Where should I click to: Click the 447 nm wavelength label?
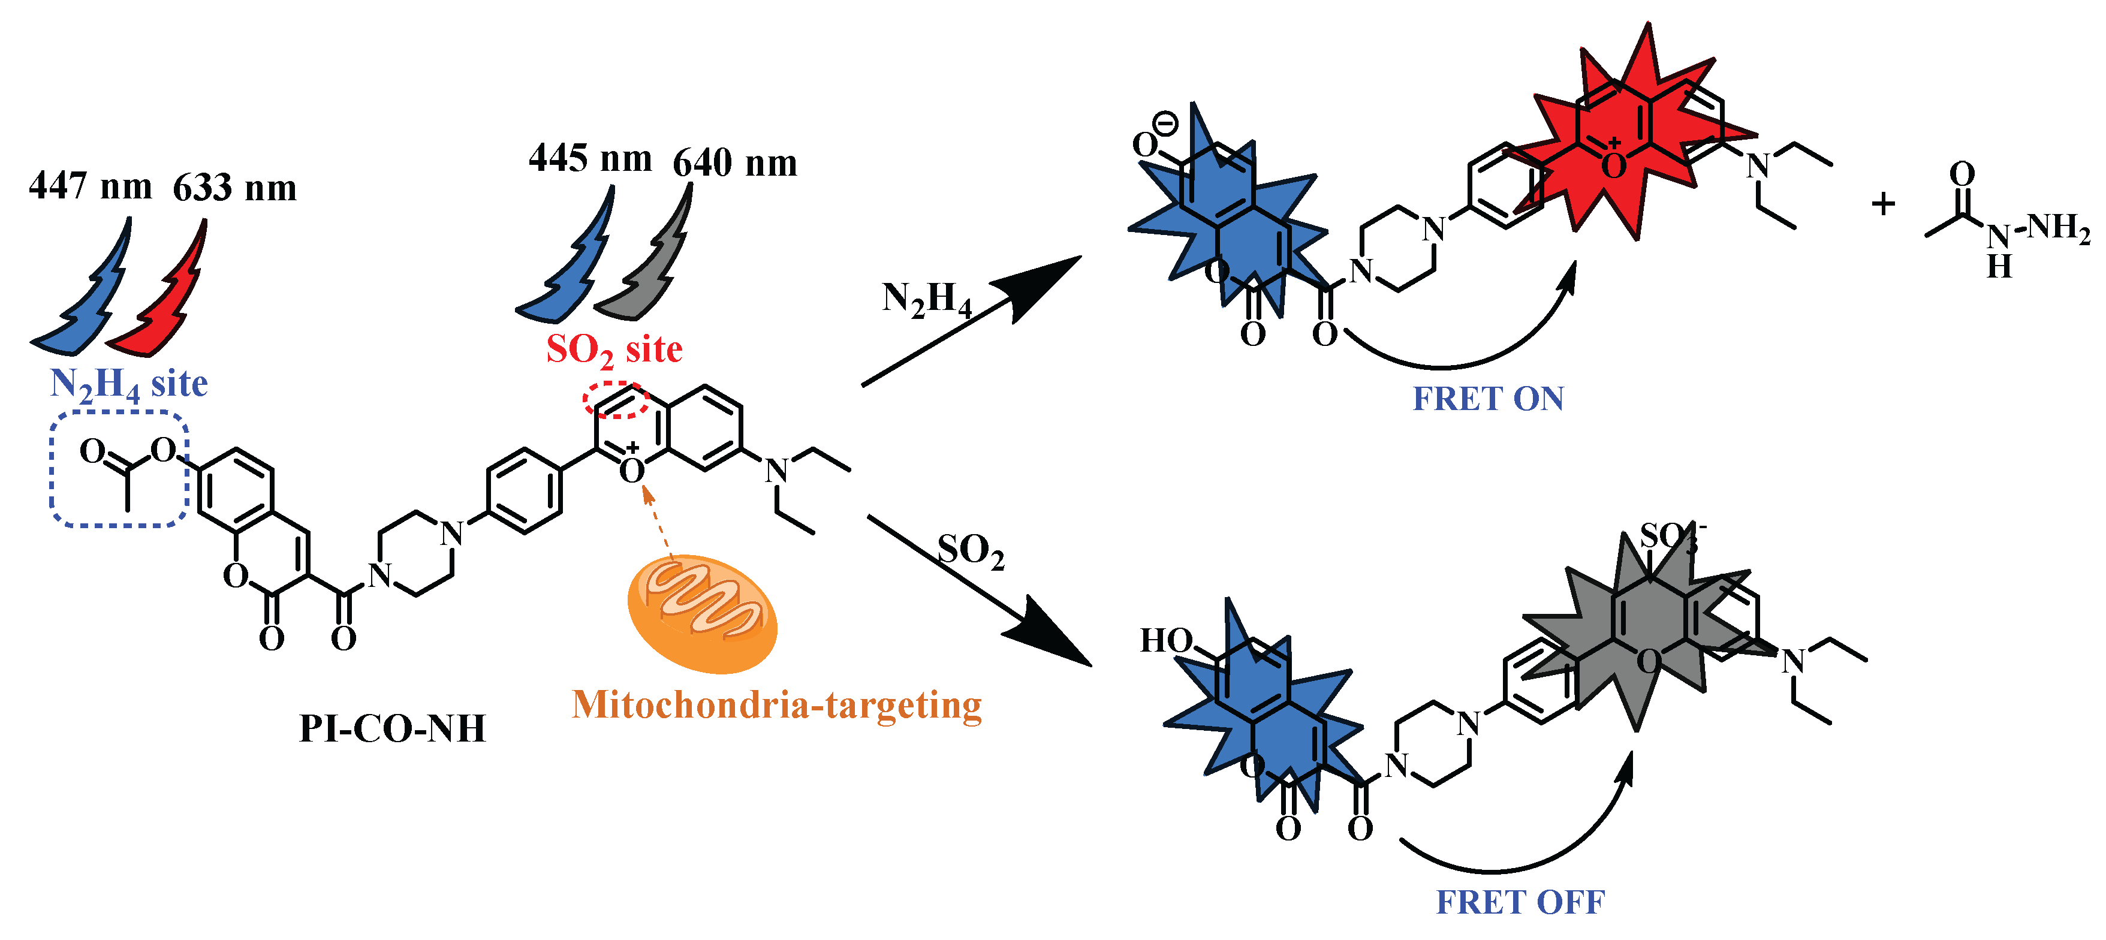pyautogui.click(x=90, y=186)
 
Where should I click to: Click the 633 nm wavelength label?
pyautogui.click(x=234, y=188)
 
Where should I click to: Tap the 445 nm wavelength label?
pyautogui.click(x=590, y=158)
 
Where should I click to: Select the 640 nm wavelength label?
pyautogui.click(x=734, y=162)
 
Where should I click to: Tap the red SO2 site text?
pyautogui.click(x=614, y=350)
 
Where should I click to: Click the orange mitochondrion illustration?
pyautogui.click(x=701, y=613)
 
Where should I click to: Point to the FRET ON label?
pyautogui.click(x=1488, y=399)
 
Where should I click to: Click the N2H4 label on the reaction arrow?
pyautogui.click(x=926, y=299)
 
